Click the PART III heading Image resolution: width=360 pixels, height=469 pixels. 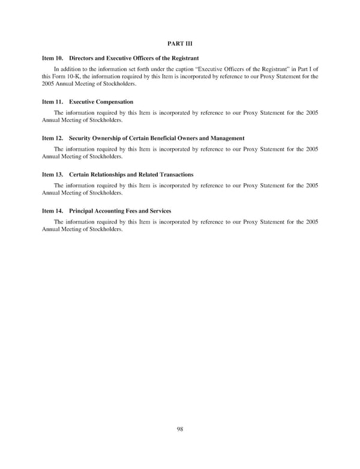[x=179, y=43]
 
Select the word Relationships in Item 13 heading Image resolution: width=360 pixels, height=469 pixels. [x=113, y=174]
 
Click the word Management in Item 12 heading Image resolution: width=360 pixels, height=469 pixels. [x=223, y=138]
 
